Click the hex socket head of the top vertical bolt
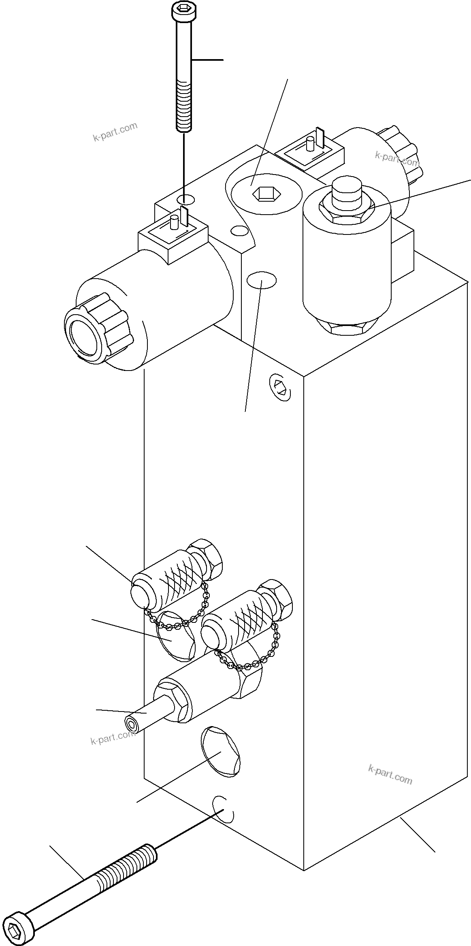click(x=184, y=10)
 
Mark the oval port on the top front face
click(x=262, y=280)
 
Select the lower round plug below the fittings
click(x=221, y=752)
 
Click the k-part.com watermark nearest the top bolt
click(x=115, y=132)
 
